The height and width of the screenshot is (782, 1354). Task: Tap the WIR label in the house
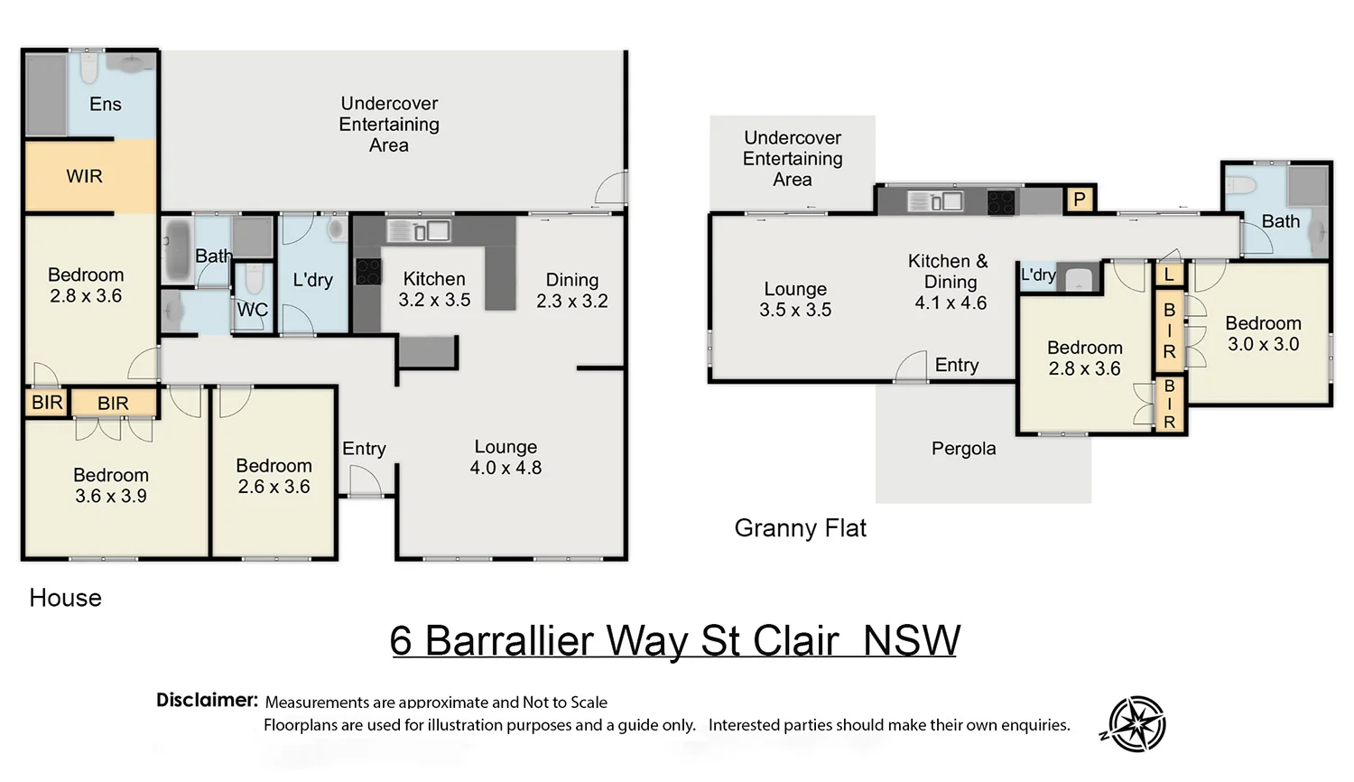tap(84, 176)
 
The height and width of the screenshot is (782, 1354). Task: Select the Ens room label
tap(105, 104)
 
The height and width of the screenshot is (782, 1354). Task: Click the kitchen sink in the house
tap(419, 230)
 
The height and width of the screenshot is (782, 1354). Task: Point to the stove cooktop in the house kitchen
tap(367, 271)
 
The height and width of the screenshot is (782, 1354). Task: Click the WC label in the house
tap(252, 310)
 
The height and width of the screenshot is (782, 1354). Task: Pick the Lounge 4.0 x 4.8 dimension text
tap(505, 468)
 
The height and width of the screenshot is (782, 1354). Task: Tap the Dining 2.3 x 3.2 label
tap(571, 290)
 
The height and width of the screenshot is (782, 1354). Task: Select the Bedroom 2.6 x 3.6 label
tap(274, 476)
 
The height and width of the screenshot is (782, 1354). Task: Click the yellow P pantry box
tap(1079, 199)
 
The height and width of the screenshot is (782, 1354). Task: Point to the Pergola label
tap(963, 449)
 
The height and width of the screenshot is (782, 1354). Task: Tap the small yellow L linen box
tap(1169, 275)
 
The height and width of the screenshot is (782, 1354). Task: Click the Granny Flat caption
tap(800, 528)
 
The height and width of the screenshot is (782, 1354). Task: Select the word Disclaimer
tap(207, 700)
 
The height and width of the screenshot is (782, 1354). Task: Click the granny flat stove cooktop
tap(1000, 201)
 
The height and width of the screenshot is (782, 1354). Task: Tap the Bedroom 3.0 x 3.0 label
tap(1263, 333)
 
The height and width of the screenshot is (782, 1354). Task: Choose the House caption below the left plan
tap(65, 598)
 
